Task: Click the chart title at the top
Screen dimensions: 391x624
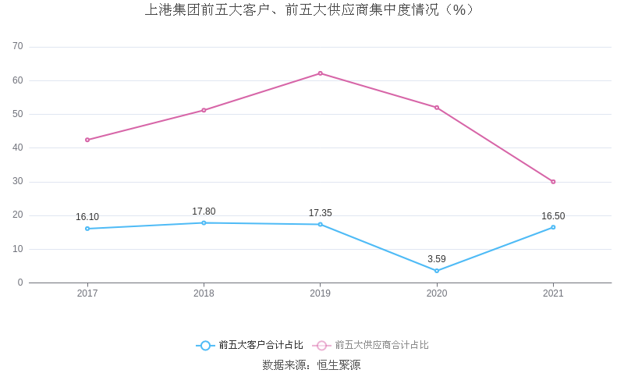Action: pos(310,10)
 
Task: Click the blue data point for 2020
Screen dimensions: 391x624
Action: pos(437,271)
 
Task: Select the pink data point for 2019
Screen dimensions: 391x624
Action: pos(320,73)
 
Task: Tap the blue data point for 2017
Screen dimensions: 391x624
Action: pos(87,229)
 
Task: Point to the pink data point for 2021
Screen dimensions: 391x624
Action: pos(553,182)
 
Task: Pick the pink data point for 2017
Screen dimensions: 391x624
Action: pos(87,140)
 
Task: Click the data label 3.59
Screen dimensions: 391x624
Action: pos(437,259)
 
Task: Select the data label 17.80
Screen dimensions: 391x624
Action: pos(204,211)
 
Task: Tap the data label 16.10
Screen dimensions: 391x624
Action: pos(87,217)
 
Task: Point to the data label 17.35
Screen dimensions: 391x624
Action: pos(320,213)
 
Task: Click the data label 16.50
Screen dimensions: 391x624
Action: pos(553,216)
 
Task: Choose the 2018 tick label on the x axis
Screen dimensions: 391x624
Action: pos(204,293)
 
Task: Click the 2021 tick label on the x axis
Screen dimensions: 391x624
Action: pos(553,293)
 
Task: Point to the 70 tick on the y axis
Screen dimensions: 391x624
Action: pos(18,47)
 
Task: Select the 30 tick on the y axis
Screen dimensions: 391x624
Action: pos(18,182)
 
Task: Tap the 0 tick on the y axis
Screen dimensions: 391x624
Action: pos(20,283)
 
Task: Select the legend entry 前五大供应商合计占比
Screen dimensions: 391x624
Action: pos(371,345)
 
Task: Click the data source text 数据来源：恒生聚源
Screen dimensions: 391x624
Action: pos(311,364)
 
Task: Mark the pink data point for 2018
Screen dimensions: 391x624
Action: pos(204,110)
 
